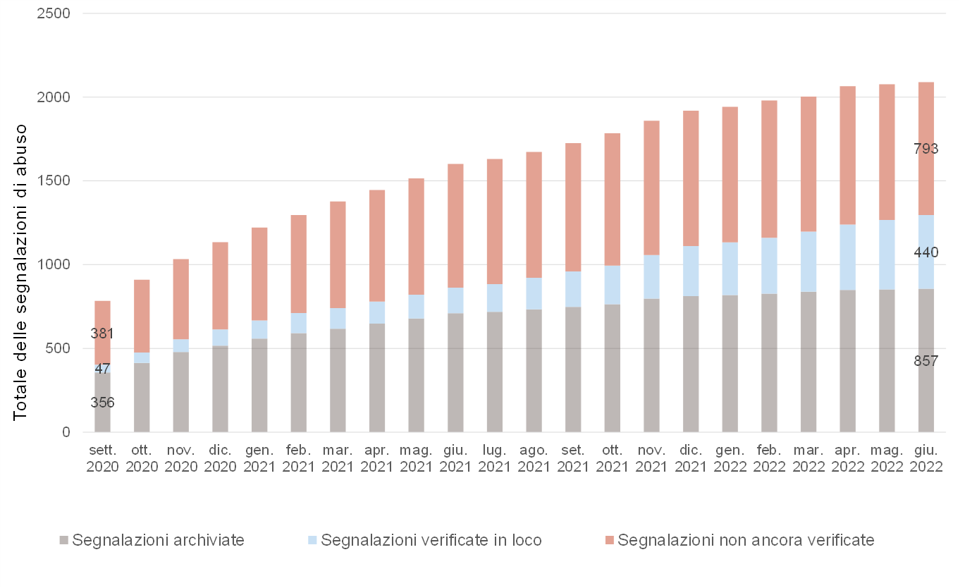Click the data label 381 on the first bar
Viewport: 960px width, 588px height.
click(x=102, y=333)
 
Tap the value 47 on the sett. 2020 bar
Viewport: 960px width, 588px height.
click(x=102, y=369)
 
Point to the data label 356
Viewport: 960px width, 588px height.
click(x=102, y=403)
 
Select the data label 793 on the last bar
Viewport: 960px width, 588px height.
click(x=925, y=149)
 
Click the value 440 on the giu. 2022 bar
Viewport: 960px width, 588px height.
click(x=925, y=252)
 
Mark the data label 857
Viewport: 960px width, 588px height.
click(x=925, y=361)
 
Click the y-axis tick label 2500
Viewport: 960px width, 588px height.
click(x=54, y=13)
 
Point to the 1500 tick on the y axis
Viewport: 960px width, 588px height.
click(x=54, y=181)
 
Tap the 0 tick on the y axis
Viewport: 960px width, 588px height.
click(x=66, y=432)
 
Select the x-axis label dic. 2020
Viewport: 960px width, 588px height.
click(x=221, y=458)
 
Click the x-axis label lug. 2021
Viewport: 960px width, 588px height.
click(x=495, y=458)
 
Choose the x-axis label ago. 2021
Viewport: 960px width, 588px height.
click(x=534, y=458)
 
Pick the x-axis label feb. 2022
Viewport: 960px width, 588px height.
click(x=769, y=458)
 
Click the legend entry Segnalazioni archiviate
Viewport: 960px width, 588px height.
click(x=152, y=540)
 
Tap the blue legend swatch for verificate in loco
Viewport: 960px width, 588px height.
click(x=312, y=540)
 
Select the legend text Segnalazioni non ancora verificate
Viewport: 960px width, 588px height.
click(x=746, y=540)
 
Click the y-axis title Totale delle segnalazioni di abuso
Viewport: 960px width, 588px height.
click(x=20, y=273)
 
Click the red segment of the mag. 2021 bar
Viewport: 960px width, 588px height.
click(x=416, y=237)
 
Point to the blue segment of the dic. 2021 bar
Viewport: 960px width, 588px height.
click(x=691, y=271)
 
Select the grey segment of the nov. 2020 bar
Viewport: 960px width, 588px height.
click(x=181, y=392)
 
